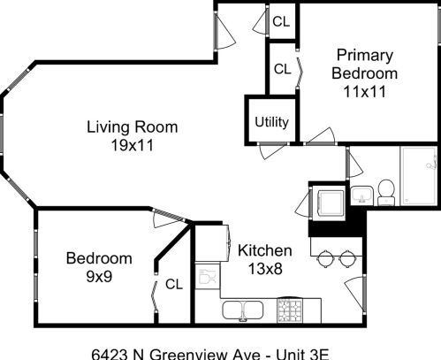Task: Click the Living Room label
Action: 132,126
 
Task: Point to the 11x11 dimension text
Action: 364,90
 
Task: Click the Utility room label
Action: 271,122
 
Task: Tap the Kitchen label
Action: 260,250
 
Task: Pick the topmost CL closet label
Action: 281,23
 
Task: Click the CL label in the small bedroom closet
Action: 173,284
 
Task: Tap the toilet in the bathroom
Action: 385,189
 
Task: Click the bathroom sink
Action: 362,194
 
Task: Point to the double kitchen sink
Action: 240,310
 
